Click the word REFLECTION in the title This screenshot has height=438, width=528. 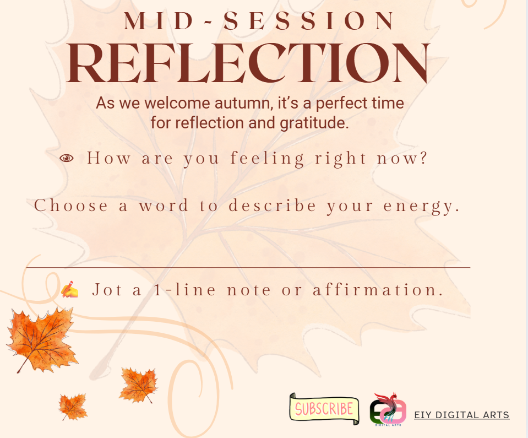coord(248,63)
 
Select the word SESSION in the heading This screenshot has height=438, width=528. coord(308,21)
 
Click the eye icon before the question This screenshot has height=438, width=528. coord(67,158)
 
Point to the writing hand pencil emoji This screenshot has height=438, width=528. coord(70,289)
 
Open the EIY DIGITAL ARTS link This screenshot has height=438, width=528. coord(462,415)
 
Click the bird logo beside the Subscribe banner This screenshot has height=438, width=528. coord(388,409)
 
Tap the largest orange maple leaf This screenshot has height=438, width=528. coord(42,339)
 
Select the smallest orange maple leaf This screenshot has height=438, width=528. coord(73,407)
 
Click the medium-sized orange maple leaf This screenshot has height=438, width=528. coord(138,385)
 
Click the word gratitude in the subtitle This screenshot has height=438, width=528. coord(314,123)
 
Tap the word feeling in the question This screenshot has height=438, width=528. coord(268,158)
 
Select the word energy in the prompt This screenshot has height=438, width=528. coord(422,206)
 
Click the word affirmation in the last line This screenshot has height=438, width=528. coord(378,290)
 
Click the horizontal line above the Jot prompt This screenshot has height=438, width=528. coord(248,268)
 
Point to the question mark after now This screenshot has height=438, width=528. coord(423,158)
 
